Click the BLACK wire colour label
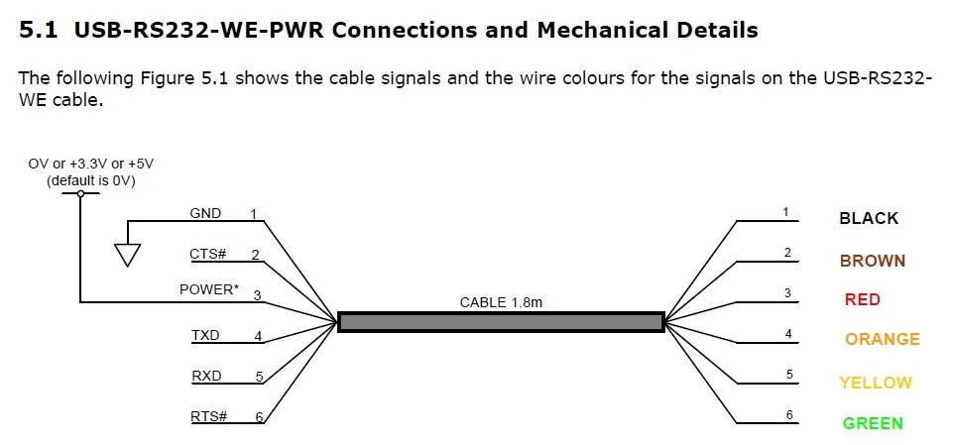pos(869,218)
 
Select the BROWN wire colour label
pos(872,262)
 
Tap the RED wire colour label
pos(862,299)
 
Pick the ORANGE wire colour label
pos(882,339)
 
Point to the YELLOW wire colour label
pos(875,383)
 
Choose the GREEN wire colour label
pos(873,423)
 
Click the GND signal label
pos(205,213)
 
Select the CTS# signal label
pos(208,254)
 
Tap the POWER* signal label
pos(208,290)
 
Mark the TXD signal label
pos(206,335)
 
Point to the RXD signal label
pos(206,376)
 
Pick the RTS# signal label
pos(208,416)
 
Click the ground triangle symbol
pos(126,255)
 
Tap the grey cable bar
pos(501,321)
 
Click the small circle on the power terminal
pos(80,194)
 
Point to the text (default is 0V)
pos(91,180)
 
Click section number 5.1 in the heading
pos(39,30)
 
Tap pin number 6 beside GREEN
pos(790,414)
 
